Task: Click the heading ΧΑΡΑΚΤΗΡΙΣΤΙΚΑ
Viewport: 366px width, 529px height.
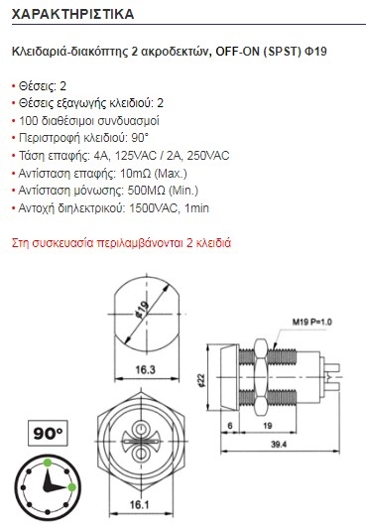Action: point(72,14)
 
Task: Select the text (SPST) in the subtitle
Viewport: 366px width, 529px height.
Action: point(282,52)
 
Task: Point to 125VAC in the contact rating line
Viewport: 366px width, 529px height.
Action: point(136,156)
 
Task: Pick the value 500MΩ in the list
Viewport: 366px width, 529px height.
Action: point(147,191)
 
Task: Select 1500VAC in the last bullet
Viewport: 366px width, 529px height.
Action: point(154,207)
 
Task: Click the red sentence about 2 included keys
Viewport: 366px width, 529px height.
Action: point(121,243)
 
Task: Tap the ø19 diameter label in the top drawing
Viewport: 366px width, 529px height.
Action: point(142,310)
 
